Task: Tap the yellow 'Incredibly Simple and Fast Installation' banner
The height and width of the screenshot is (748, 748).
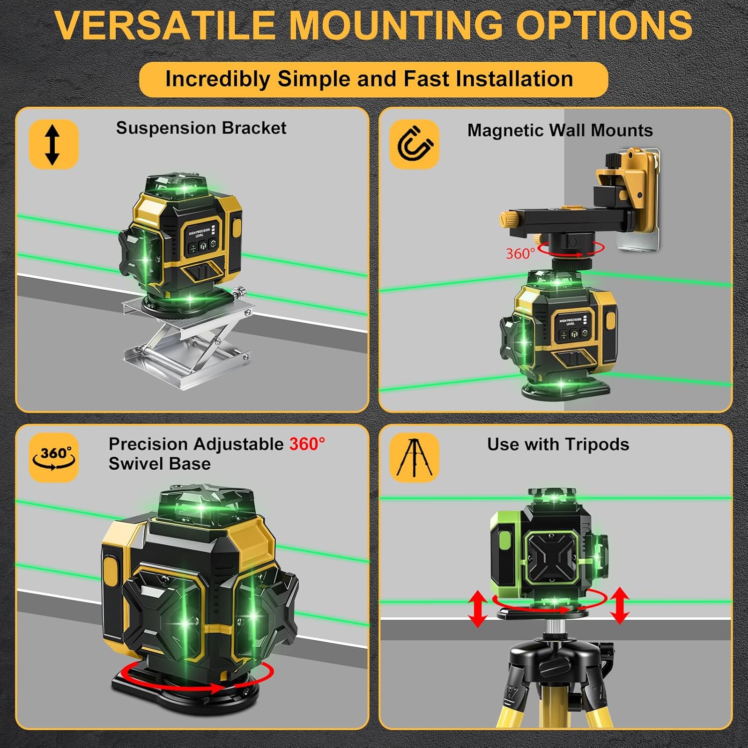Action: pos(373,79)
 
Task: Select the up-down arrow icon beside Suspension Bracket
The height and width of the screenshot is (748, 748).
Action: pos(53,145)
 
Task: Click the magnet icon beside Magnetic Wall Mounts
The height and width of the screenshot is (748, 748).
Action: pos(414,144)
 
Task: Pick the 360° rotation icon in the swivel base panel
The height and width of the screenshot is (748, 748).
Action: pos(53,457)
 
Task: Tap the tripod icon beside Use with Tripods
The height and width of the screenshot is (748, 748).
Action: pos(414,457)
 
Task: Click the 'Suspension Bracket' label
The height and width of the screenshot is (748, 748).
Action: pos(201,128)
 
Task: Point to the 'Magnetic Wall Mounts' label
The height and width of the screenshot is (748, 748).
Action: pos(560,131)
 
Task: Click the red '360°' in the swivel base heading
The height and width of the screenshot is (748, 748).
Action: pos(307,444)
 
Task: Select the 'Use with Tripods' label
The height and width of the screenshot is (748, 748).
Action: pos(558,444)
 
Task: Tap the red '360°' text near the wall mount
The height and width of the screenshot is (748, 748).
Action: pos(520,254)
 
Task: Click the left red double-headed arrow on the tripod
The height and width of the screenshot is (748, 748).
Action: pos(477,608)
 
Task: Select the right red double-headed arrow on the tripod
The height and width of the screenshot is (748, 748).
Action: pos(619,605)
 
